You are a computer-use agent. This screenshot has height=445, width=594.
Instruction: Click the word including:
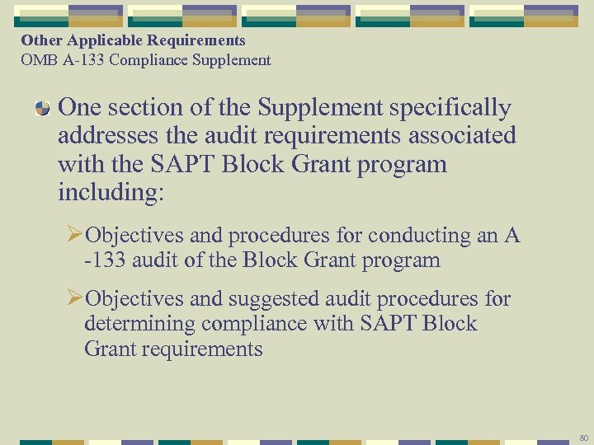(x=111, y=193)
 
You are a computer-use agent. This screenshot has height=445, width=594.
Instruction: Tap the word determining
(x=138, y=323)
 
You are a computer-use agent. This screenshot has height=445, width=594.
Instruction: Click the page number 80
(x=583, y=437)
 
